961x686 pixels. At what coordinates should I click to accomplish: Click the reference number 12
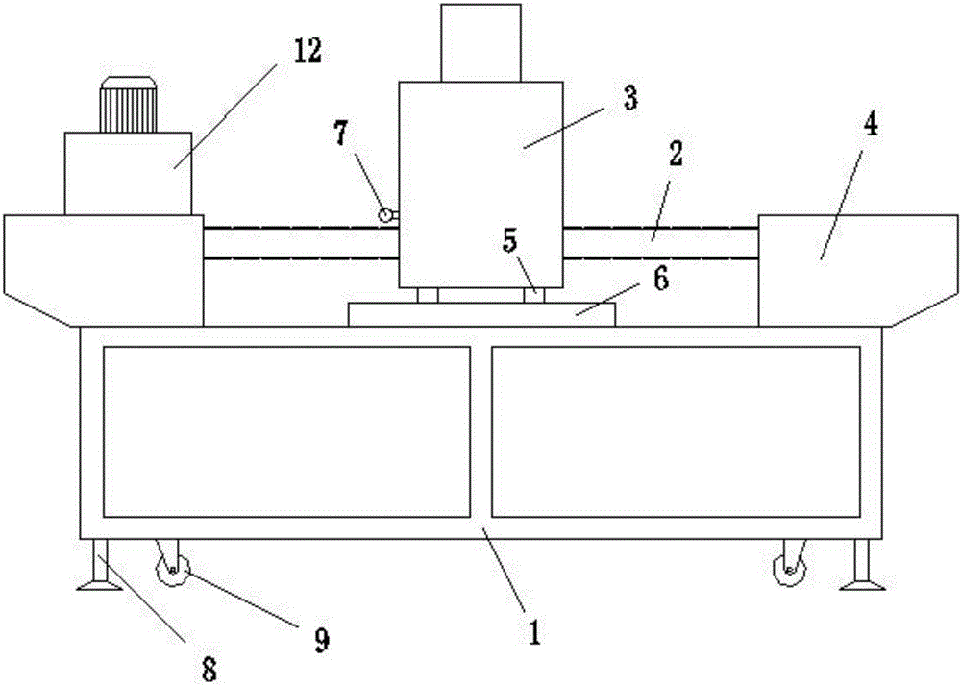click(x=308, y=53)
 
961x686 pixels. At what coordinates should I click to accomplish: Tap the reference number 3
click(x=630, y=99)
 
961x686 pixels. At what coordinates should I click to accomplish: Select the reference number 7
click(x=341, y=135)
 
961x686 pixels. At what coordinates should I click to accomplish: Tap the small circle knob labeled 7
click(x=386, y=215)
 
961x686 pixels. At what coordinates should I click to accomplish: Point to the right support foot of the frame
click(x=862, y=566)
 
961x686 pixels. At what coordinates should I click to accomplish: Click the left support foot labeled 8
click(x=99, y=566)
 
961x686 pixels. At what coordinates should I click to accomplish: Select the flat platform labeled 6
click(x=481, y=314)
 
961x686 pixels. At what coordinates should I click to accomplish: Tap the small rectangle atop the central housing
click(x=480, y=43)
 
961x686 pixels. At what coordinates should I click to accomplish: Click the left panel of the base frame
click(x=286, y=431)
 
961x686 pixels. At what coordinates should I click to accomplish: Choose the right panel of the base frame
click(x=676, y=431)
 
